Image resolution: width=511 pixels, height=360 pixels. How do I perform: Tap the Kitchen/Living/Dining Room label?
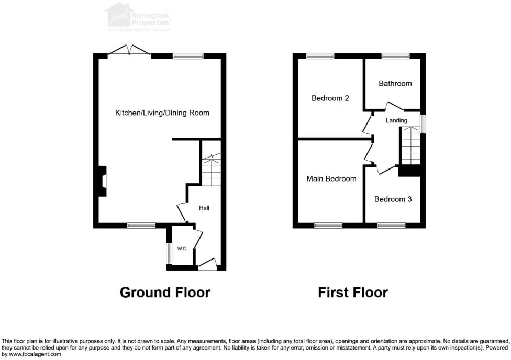[162, 113]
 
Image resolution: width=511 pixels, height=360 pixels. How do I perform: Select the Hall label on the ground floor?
[204, 208]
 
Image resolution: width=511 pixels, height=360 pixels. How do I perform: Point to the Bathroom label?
[395, 83]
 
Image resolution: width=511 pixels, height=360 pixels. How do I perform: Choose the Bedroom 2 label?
[330, 98]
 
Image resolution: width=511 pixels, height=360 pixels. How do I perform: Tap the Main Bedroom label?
[331, 179]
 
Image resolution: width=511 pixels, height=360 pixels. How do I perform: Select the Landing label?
[396, 121]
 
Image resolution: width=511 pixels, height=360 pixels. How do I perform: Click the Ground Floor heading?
[165, 292]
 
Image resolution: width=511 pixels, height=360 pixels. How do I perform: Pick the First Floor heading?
[353, 292]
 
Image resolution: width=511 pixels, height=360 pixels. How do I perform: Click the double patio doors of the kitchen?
[129, 51]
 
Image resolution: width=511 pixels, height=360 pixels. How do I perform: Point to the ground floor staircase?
[211, 167]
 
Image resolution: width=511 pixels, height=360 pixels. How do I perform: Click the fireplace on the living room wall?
[102, 181]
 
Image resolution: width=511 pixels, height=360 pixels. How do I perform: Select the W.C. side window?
[169, 254]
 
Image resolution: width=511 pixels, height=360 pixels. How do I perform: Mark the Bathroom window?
[395, 56]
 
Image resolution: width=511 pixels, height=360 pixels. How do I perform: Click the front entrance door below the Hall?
[207, 265]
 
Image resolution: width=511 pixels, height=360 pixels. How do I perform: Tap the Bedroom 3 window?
[391, 226]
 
